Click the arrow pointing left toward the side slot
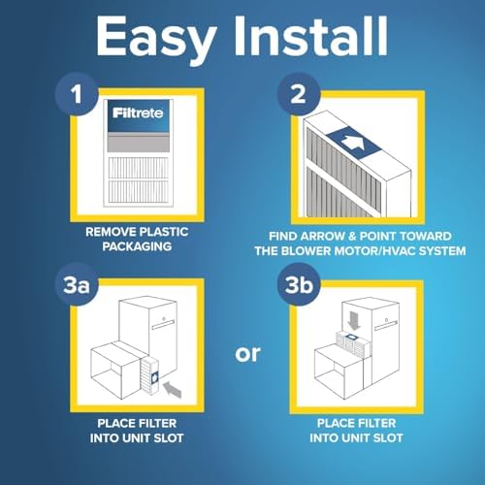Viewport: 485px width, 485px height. (172, 391)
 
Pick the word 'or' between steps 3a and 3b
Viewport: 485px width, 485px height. (248, 352)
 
